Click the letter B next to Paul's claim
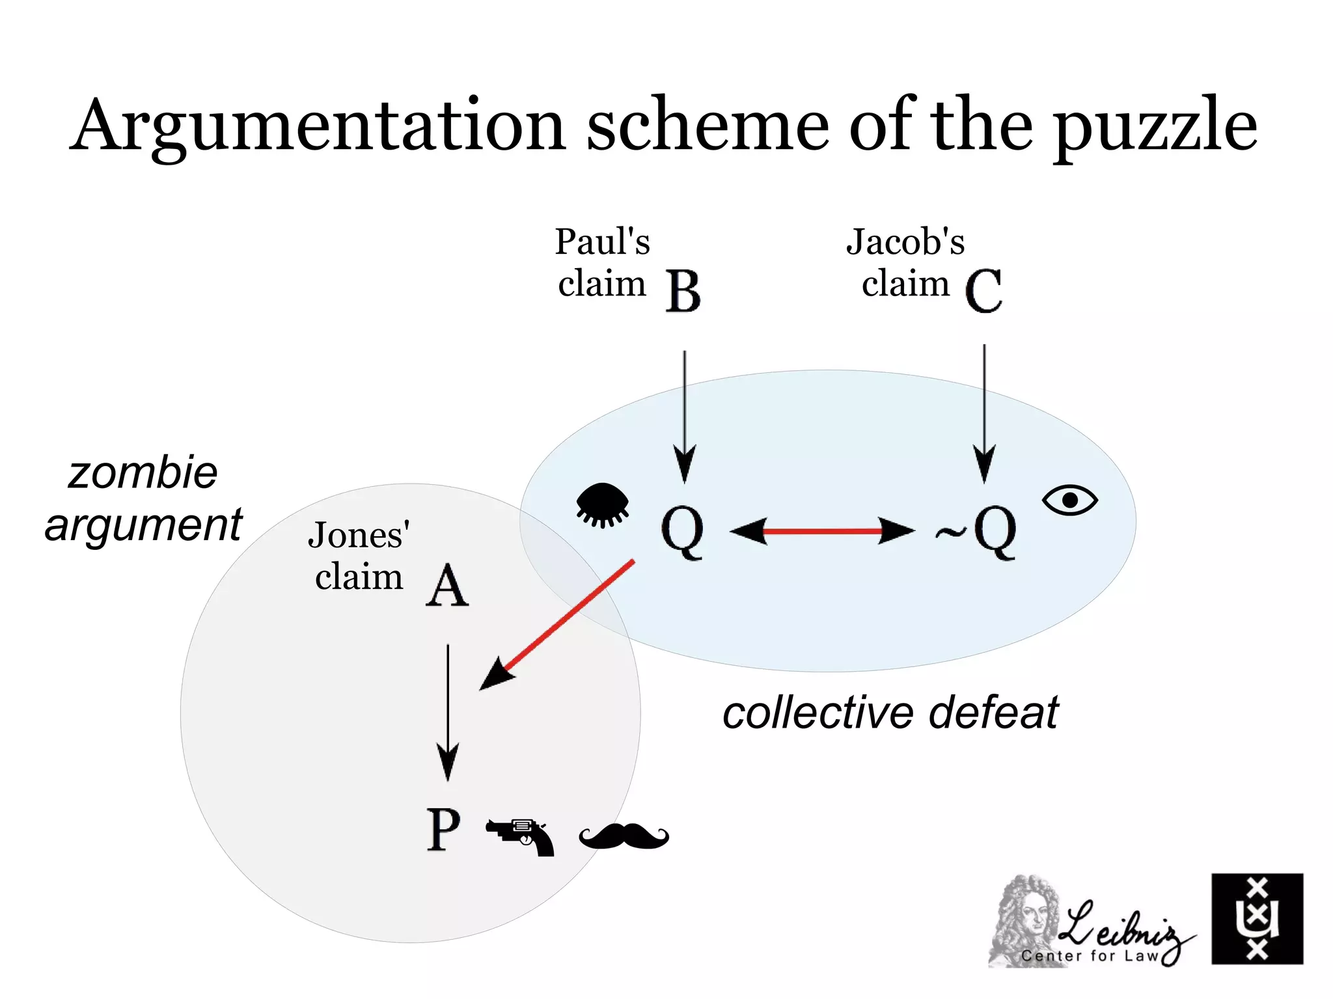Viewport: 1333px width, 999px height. [683, 292]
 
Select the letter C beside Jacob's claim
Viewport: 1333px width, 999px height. [983, 291]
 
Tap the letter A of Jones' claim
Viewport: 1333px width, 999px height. [447, 585]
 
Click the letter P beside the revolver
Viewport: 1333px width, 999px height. [444, 830]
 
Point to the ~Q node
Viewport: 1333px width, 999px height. [977, 532]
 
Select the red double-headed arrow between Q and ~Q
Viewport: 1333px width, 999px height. [822, 531]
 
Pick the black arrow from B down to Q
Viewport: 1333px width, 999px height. [684, 417]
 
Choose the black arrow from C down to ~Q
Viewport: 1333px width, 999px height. [984, 413]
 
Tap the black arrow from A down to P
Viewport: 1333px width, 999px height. [448, 712]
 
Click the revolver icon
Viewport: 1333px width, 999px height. [521, 836]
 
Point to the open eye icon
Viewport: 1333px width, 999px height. [1069, 500]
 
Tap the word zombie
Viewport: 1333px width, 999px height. [143, 473]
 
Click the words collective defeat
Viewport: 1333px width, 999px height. [890, 713]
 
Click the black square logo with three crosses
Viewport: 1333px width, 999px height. [1257, 918]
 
